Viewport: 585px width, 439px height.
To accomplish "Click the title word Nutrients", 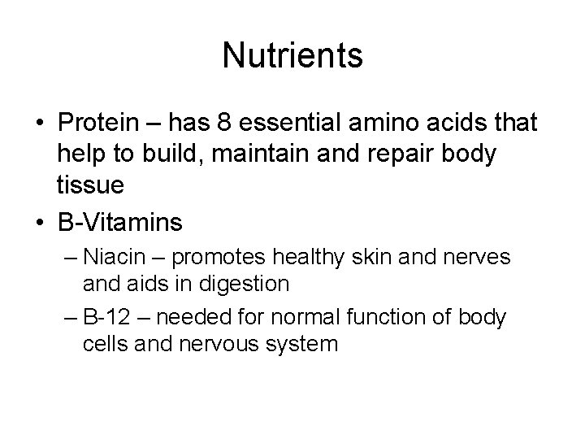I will [x=292, y=56].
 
